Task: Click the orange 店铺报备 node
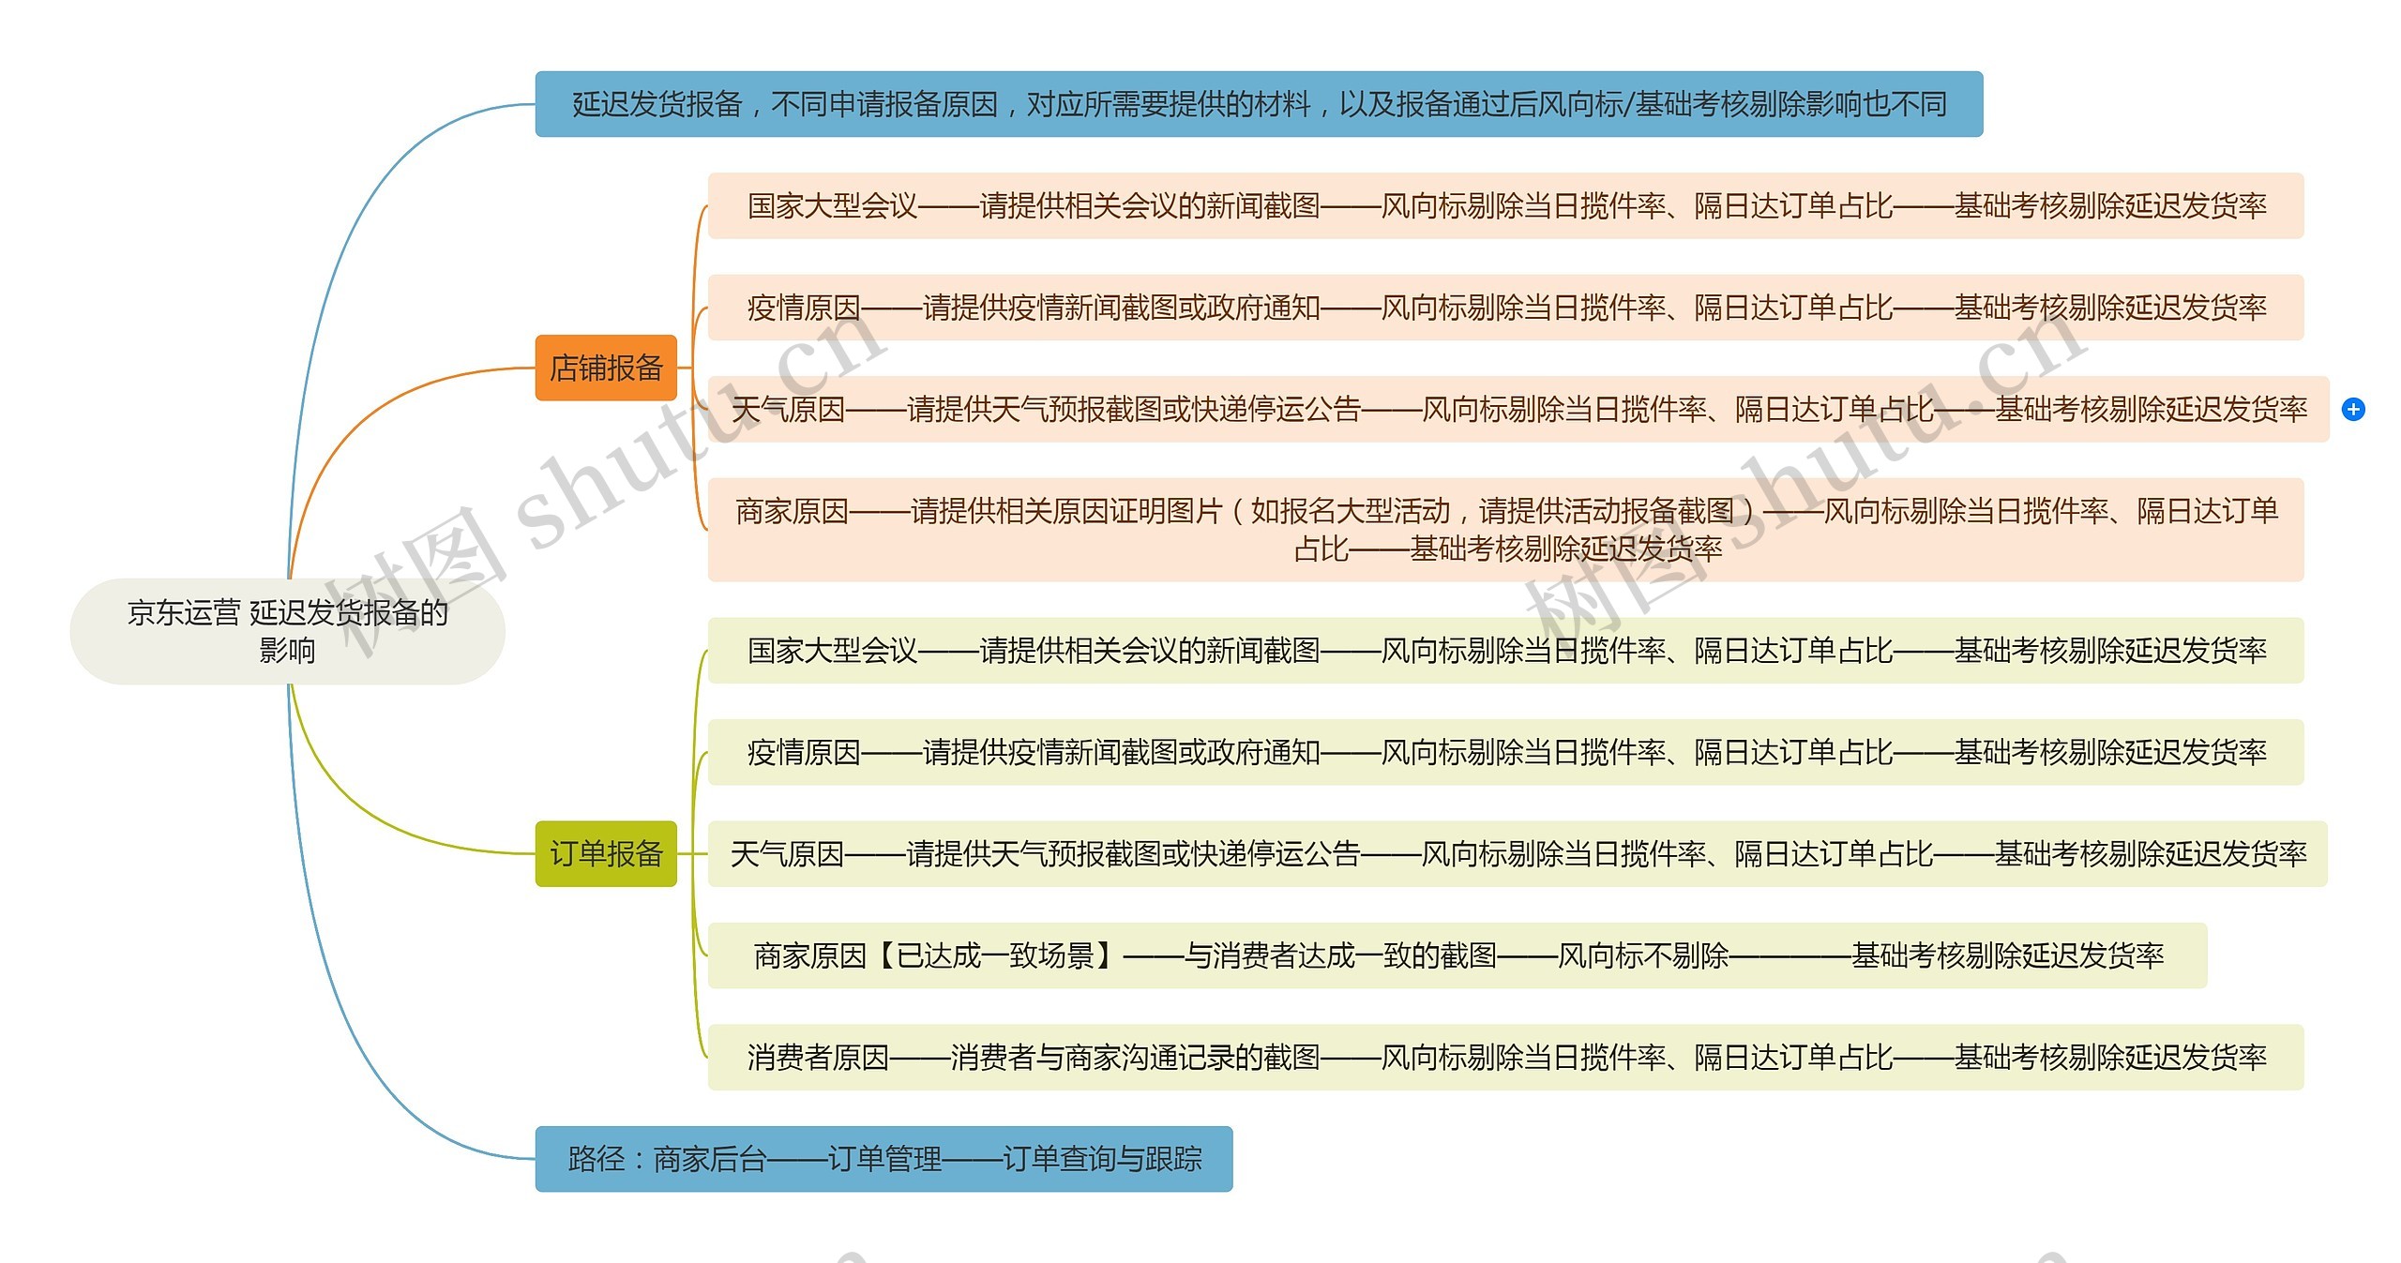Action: [606, 368]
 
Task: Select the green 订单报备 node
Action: [606, 853]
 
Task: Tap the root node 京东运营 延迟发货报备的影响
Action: [287, 631]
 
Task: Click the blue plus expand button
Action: [2353, 410]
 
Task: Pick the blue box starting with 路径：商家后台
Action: [883, 1159]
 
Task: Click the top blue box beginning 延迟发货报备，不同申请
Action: [1259, 104]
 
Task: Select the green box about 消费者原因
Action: [1505, 1058]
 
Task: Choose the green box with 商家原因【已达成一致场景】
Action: [1457, 955]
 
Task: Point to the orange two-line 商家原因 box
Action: [1505, 529]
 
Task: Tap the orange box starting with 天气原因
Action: [1518, 410]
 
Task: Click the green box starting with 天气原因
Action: [1518, 853]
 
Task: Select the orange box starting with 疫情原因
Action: [1505, 308]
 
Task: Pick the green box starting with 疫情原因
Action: [1505, 752]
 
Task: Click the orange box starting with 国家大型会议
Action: [1505, 205]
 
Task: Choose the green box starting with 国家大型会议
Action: [1505, 650]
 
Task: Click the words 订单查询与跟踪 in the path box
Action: [1102, 1159]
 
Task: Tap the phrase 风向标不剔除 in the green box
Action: [1643, 955]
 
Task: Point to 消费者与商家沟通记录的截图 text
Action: [1135, 1058]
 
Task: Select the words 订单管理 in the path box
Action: [884, 1159]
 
